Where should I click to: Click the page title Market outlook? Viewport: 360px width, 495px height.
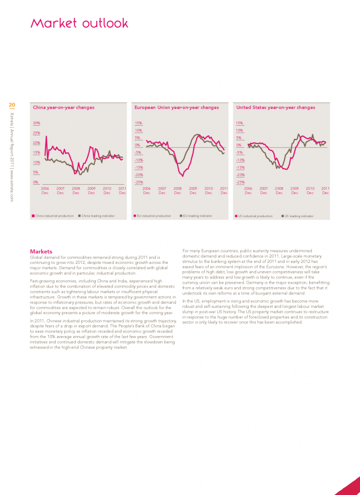(79, 23)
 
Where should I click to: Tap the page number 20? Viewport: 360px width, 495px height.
(12, 104)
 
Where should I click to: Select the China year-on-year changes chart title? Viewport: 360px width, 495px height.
(63, 107)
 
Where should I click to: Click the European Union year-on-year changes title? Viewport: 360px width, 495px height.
(177, 107)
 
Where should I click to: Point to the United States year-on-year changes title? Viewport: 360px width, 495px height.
(275, 107)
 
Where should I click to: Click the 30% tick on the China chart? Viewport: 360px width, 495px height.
(36, 123)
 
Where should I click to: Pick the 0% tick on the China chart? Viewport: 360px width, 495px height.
(35, 182)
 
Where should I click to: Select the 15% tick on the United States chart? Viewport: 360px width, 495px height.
(239, 123)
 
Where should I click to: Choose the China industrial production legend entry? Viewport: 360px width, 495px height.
(53, 216)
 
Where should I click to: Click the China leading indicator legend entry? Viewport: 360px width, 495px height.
(96, 216)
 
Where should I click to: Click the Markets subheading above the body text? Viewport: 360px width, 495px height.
(41, 251)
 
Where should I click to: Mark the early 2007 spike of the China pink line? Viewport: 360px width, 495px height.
(46, 137)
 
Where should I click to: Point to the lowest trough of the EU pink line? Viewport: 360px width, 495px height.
(183, 176)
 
